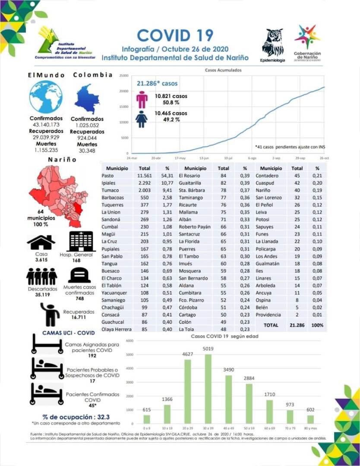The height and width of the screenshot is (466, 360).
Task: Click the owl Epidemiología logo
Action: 273,43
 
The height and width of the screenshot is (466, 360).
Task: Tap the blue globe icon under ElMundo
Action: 46,97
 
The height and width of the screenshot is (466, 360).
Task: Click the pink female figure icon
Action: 142,99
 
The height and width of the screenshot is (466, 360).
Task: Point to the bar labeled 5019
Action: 208,388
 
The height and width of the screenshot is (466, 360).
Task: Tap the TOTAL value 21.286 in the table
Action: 297,325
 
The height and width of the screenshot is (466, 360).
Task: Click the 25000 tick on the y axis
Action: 123,76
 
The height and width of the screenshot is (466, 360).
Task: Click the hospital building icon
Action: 82,241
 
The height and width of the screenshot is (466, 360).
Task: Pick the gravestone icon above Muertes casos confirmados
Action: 79,275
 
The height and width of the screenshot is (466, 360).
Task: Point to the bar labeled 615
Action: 147,419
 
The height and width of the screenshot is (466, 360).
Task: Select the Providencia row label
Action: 268,315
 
